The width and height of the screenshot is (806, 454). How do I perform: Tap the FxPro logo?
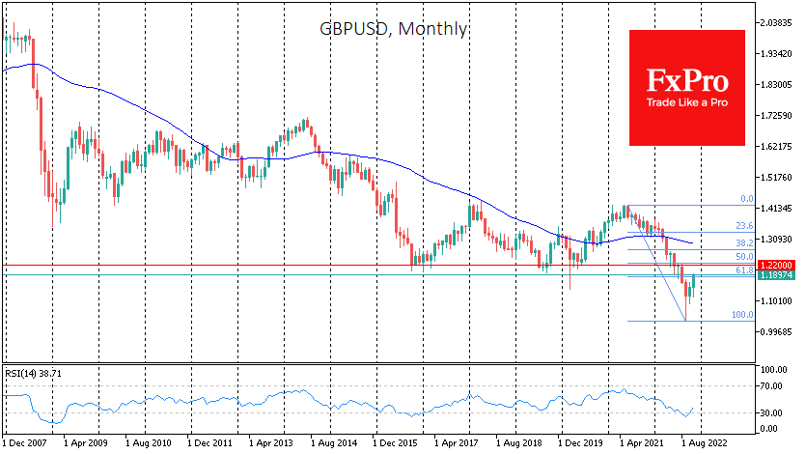click(x=686, y=87)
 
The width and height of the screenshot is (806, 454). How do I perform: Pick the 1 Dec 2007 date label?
click(x=28, y=443)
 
